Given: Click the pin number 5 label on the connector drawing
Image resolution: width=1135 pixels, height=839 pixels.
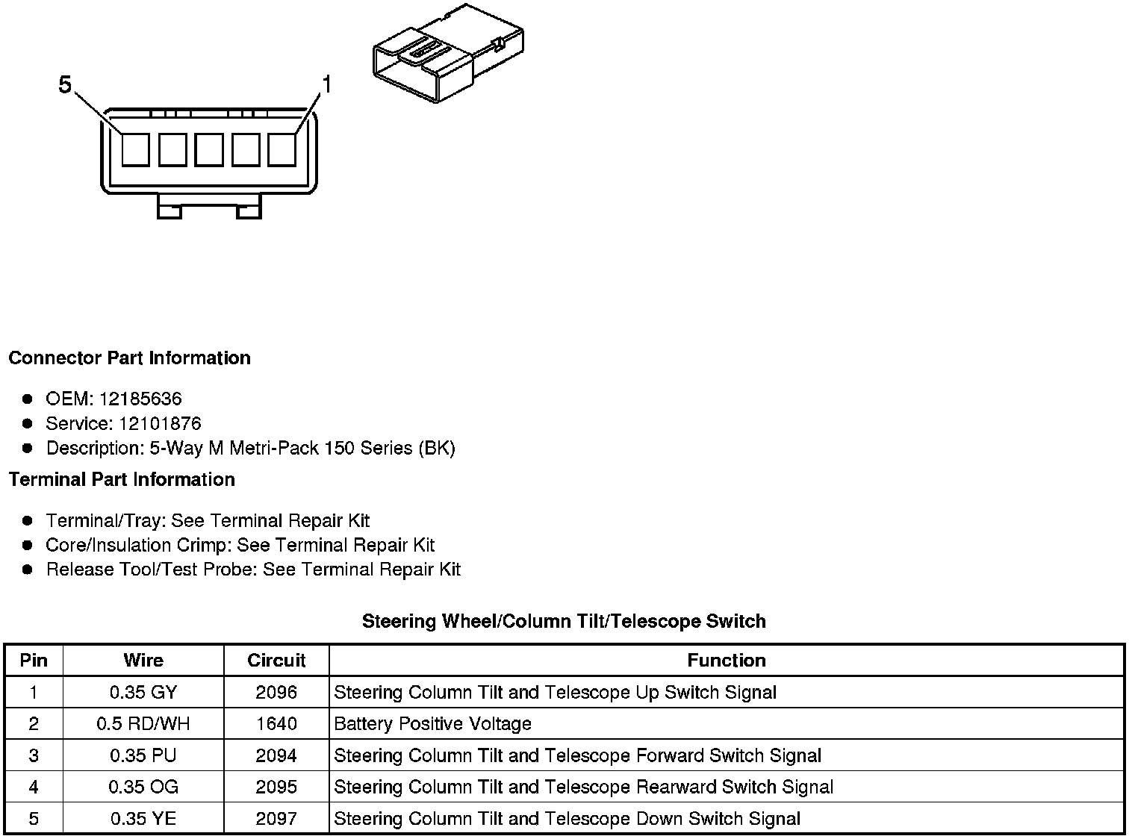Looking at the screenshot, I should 65,86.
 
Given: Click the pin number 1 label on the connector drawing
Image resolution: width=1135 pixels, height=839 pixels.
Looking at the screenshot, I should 326,84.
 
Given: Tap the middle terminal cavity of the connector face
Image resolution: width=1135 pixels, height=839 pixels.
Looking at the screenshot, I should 208,149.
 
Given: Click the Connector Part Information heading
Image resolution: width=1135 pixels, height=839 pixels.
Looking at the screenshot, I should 129,358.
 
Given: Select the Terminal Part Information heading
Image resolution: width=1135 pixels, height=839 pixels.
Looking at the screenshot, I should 122,479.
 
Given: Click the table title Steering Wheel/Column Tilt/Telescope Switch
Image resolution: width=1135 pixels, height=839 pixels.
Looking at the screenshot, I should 564,621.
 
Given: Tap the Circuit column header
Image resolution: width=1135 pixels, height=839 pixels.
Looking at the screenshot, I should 276,661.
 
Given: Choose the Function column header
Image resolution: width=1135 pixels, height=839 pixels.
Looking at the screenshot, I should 726,661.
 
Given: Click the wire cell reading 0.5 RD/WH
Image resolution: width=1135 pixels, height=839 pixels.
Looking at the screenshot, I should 143,724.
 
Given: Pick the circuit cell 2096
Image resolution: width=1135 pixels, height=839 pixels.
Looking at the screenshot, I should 276,693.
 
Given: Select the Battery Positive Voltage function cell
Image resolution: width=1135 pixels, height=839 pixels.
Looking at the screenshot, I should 432,724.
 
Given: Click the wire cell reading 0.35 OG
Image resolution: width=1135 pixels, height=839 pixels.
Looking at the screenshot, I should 143,787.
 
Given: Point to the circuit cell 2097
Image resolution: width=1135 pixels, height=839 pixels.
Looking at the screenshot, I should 276,819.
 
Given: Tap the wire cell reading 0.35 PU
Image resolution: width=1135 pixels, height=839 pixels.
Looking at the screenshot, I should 143,755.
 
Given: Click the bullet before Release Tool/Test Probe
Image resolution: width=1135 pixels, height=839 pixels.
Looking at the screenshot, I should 28,570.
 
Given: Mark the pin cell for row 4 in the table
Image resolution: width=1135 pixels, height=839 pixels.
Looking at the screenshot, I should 34,787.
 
